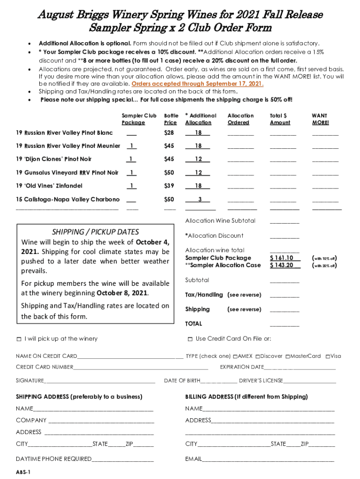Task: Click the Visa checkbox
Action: point(328,356)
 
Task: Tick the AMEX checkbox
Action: point(236,356)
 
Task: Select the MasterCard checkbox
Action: point(288,356)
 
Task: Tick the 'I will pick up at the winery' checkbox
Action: point(19,339)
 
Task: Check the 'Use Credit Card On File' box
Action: point(190,339)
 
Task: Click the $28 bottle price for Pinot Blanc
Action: point(169,133)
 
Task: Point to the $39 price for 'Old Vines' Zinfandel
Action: point(169,186)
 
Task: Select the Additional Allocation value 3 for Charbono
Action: point(200,199)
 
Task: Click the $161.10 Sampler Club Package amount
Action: point(282,258)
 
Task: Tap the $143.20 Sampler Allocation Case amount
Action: point(282,265)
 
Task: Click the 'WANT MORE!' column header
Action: point(320,119)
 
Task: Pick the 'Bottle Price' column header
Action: point(171,119)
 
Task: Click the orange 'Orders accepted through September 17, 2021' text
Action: point(198,84)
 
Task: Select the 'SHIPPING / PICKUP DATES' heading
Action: point(95,232)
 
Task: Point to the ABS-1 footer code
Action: point(23,472)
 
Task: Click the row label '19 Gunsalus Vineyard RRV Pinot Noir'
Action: point(67,173)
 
